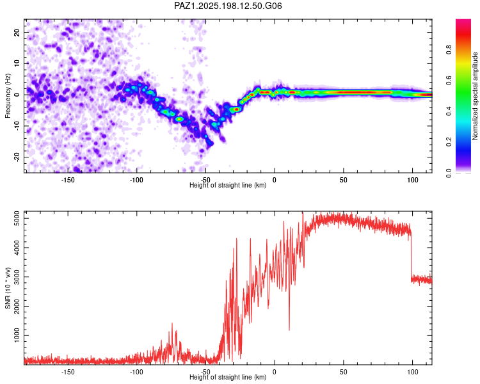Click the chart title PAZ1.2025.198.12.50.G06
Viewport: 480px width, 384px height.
tap(228, 6)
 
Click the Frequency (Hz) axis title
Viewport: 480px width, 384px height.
tap(8, 96)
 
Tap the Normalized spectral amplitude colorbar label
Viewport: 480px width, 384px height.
tap(475, 96)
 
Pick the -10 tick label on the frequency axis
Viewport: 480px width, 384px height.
tap(17, 126)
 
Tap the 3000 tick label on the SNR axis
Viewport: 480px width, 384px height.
tap(17, 277)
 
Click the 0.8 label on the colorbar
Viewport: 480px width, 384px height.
tap(449, 49)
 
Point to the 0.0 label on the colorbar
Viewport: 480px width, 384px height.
tap(449, 173)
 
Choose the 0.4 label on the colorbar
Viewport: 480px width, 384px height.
tap(449, 111)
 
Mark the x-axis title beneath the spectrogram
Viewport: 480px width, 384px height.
tap(228, 185)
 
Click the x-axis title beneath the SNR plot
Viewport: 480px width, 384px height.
tap(228, 377)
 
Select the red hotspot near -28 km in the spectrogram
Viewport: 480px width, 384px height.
tap(236, 109)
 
